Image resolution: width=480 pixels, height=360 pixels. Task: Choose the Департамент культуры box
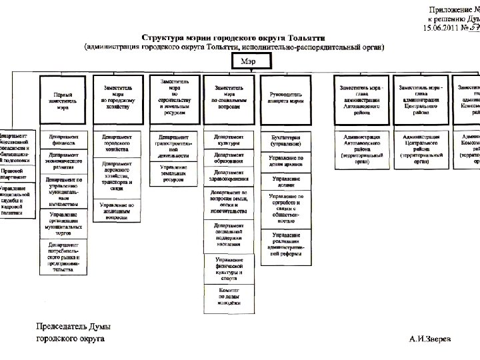click(x=229, y=140)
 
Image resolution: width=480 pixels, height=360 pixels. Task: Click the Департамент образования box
click(x=229, y=157)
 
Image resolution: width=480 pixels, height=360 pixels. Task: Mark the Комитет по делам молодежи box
click(x=229, y=295)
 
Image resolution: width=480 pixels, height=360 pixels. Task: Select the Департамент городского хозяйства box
click(x=117, y=141)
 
